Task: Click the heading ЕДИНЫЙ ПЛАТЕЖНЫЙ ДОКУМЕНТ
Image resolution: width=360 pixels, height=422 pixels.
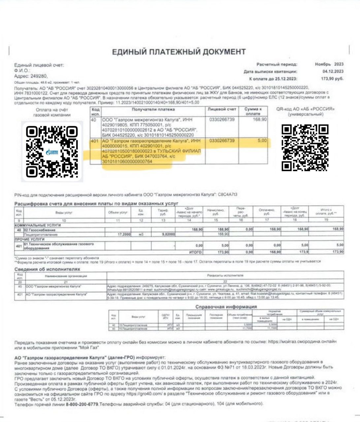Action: point(179,52)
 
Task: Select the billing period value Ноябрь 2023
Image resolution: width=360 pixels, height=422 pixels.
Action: point(329,64)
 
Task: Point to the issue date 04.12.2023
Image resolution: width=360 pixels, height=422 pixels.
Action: point(333,71)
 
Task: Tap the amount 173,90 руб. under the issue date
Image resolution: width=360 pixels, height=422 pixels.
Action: point(332,78)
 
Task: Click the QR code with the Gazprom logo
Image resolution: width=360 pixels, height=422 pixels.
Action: point(52,151)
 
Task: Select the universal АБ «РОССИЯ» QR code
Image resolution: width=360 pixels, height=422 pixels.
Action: point(305,148)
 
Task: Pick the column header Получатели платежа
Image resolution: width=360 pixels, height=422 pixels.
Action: point(153,109)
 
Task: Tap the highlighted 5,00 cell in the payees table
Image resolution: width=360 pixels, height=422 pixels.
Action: point(262,141)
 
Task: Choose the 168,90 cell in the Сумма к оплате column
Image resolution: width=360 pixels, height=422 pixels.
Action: point(260,120)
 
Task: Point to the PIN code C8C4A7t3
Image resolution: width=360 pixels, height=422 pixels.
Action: point(227,195)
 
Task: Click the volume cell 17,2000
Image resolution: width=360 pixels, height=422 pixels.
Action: point(124,234)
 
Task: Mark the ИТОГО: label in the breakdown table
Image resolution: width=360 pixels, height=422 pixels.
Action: point(195,252)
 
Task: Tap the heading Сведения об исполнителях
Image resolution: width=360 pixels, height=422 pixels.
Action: point(47,269)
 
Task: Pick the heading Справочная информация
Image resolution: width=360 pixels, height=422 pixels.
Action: point(226,307)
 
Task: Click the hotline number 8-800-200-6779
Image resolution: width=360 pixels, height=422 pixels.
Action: point(82,404)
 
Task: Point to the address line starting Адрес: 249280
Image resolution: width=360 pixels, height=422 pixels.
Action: point(31,76)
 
